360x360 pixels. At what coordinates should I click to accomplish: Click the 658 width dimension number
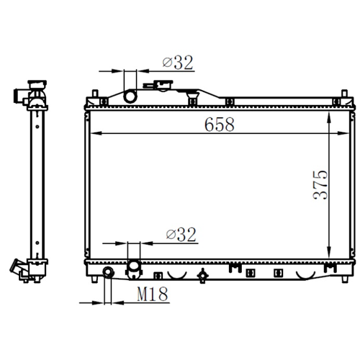coord(220,125)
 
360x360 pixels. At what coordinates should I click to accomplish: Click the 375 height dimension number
coord(320,185)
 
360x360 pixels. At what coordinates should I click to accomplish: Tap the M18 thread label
coord(153,294)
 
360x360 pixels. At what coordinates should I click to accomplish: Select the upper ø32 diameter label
coord(178,63)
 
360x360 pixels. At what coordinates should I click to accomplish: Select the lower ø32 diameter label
coord(181,234)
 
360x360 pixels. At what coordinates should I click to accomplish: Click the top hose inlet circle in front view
coord(130,96)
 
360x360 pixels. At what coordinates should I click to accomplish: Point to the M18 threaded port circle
coord(108,272)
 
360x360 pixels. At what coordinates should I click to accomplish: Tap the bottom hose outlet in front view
coord(134,269)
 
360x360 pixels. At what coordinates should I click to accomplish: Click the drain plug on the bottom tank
coord(202,276)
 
